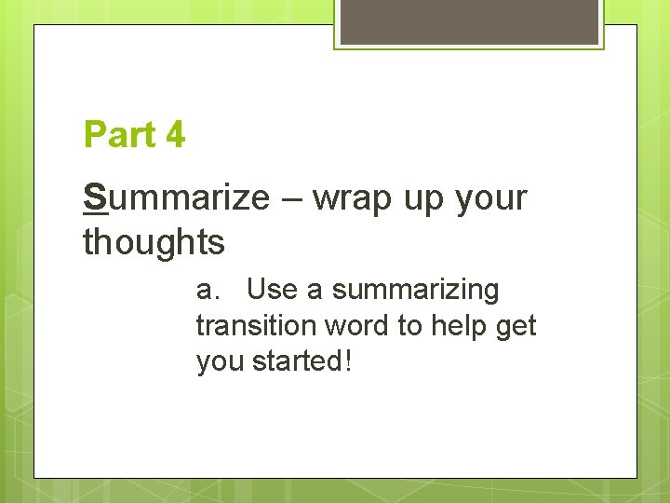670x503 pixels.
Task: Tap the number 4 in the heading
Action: [x=176, y=136]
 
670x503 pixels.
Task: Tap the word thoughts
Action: [x=154, y=242]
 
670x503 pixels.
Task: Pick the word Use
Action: [x=273, y=290]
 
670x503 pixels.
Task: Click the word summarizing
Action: [x=415, y=292]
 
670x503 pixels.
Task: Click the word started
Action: [x=297, y=360]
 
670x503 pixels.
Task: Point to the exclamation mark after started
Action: [x=348, y=360]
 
